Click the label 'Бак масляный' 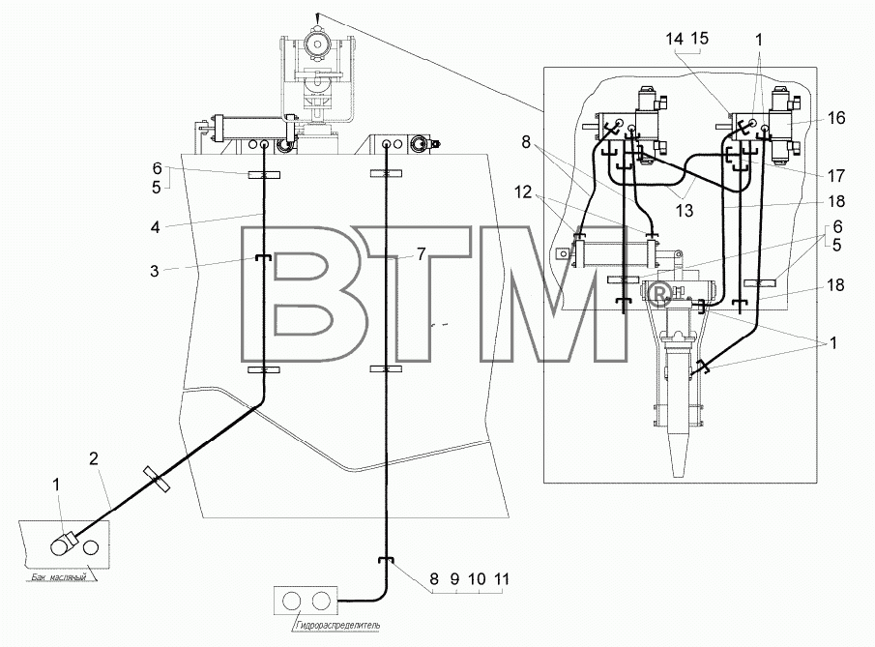point(56,577)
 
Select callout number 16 point(836,118)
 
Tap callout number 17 point(836,176)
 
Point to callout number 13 point(685,211)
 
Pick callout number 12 point(523,192)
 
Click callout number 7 point(421,254)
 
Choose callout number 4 point(155,227)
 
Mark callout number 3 point(155,271)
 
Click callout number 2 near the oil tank point(93,458)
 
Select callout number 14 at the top point(674,39)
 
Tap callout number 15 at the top point(699,38)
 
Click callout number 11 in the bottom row point(502,579)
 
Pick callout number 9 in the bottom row point(454,579)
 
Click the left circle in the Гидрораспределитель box point(292,602)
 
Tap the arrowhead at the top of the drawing point(317,17)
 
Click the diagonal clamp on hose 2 point(157,479)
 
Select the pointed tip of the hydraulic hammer point(678,475)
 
